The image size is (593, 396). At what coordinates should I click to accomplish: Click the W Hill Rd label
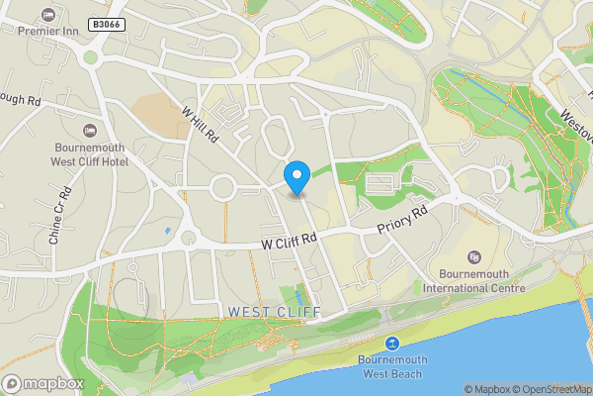(201, 128)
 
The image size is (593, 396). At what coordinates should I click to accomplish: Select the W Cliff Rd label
(289, 240)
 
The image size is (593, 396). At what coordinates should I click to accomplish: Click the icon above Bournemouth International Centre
(471, 257)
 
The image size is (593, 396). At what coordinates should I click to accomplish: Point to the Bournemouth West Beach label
(391, 366)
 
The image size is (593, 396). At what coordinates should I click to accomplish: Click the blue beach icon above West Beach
(392, 343)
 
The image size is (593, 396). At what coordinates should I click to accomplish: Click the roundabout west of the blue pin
(222, 186)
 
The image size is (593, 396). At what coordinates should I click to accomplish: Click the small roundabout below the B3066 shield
(91, 56)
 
